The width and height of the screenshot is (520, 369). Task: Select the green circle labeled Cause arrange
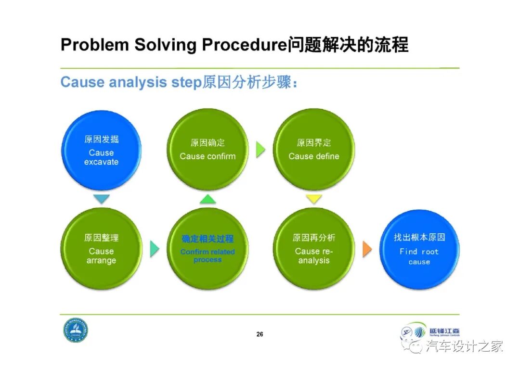[101, 249]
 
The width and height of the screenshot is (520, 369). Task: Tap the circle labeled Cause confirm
[208, 149]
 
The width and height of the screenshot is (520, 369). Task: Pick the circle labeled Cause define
[314, 149]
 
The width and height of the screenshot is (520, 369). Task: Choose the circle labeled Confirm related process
[208, 249]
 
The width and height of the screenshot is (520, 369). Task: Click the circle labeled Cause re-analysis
[314, 249]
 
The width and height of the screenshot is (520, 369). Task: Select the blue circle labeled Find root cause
[419, 249]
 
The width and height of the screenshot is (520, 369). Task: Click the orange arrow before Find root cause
[367, 248]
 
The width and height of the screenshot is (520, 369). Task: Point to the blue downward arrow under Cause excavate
[102, 199]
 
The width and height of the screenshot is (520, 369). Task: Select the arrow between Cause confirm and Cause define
[260, 150]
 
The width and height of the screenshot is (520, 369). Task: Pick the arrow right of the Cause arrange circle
[155, 249]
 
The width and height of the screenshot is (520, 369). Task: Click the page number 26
[260, 334]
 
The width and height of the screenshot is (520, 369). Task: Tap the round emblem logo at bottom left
[76, 331]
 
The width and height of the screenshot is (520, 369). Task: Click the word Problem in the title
[95, 45]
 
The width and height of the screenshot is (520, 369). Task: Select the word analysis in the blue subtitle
[138, 82]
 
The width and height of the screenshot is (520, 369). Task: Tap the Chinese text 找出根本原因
[419, 237]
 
